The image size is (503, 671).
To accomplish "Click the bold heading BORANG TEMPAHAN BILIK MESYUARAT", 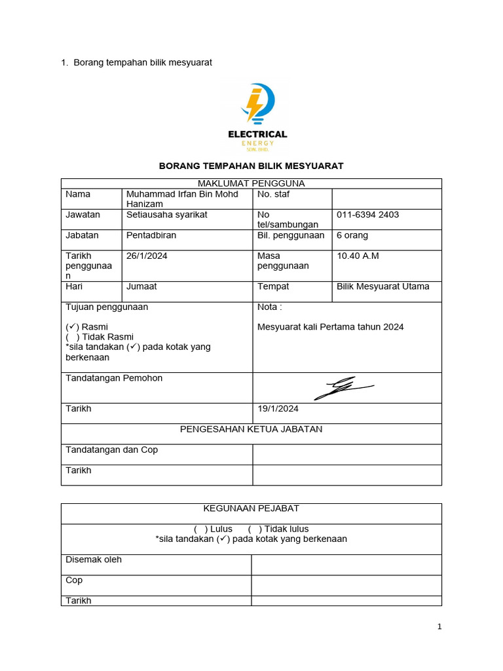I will pos(251,166).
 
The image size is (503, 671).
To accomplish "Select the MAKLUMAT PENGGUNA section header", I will pos(251,183).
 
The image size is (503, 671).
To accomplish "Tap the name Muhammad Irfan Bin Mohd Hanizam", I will pos(182,199).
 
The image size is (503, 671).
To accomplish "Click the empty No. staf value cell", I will pos(386,199).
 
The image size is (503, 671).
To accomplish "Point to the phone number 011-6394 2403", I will pos(367,215).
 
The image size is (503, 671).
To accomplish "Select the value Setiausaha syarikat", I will pos(167,215).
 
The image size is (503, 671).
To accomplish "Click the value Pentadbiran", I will pos(151,235).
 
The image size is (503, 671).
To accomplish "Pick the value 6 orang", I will pos(352,235).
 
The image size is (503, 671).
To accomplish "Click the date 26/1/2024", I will pos(147,256).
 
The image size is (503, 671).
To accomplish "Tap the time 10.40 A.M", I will pos(358,256).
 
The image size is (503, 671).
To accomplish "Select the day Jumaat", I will pos(141,286).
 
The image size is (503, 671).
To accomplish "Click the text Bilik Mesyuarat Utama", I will pos(383,286).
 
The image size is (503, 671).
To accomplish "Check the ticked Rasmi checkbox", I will pos(72,326).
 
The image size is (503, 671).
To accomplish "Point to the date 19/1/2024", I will pos(278,409).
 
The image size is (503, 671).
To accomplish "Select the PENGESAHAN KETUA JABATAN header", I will pos(251,429).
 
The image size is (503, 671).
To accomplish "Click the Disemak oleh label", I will pos(94,560).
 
